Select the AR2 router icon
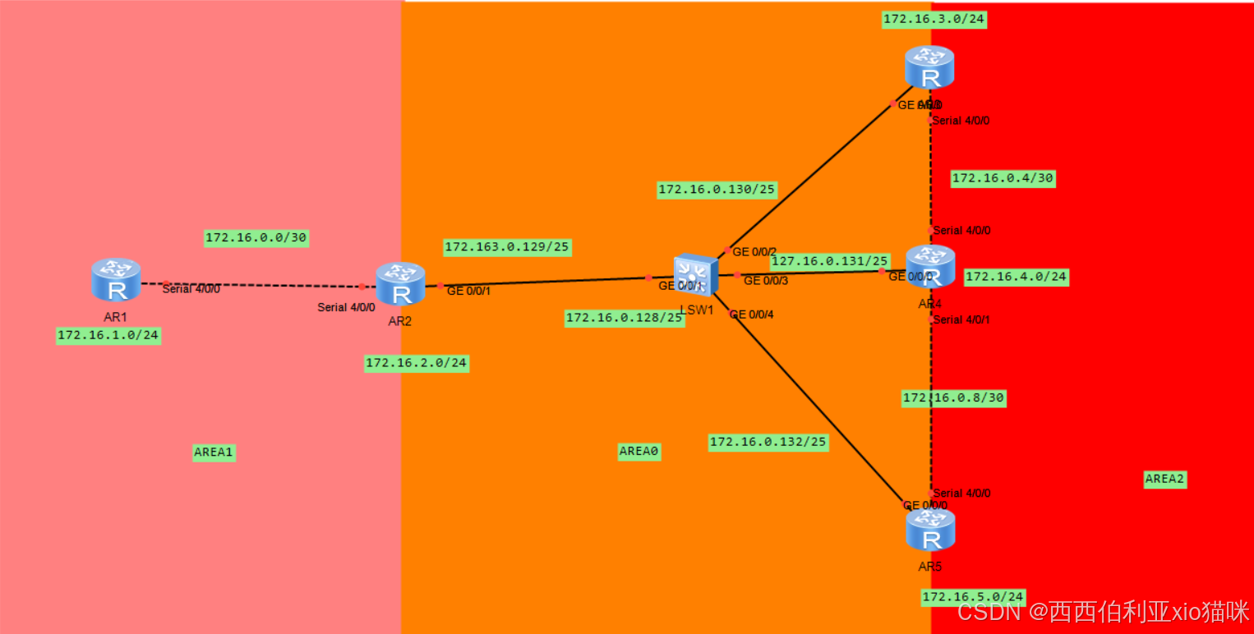click(x=400, y=284)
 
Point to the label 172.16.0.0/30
click(x=256, y=238)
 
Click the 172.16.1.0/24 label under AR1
click(x=108, y=336)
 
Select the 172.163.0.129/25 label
click(x=507, y=247)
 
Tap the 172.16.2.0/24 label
click(x=417, y=363)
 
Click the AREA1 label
click(x=214, y=453)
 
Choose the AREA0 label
click(x=639, y=452)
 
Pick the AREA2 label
click(x=1165, y=480)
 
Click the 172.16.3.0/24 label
click(x=934, y=20)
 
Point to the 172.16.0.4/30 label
click(x=1003, y=178)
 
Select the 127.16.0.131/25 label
click(x=830, y=262)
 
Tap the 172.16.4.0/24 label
click(x=1016, y=278)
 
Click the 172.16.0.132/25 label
click(x=768, y=443)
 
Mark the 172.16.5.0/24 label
click(x=973, y=597)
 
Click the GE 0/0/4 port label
click(x=752, y=315)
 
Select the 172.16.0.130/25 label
click(x=717, y=191)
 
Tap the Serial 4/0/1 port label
click(x=961, y=319)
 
